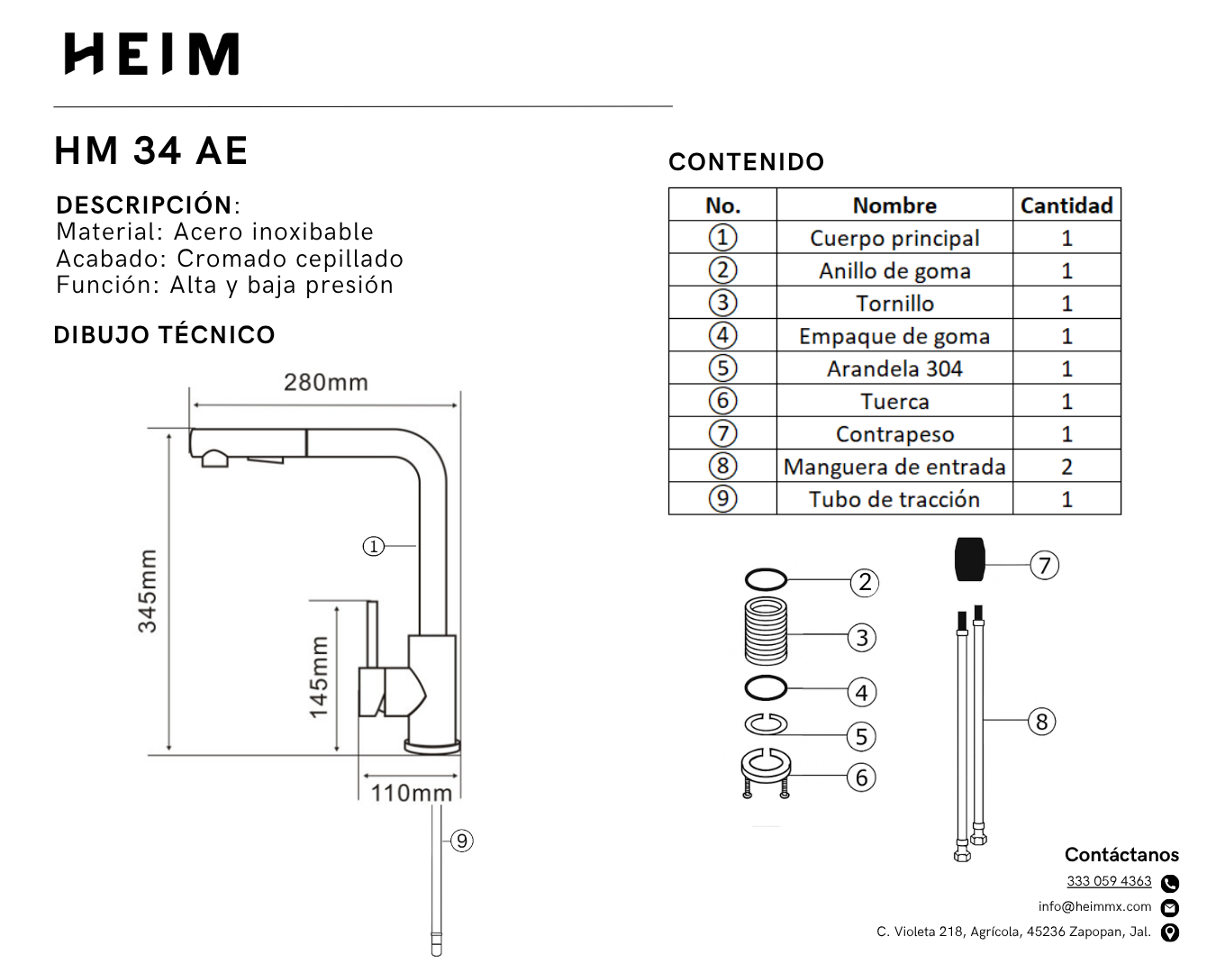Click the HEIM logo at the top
tap(151, 54)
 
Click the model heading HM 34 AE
tap(151, 150)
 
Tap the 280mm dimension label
tap(326, 382)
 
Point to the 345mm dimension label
tap(147, 591)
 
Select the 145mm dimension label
tap(319, 677)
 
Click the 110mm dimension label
tap(412, 793)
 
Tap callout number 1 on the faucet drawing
tap(373, 546)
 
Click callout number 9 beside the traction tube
tap(462, 841)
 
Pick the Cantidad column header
tap(1066, 205)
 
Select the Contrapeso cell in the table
tap(894, 434)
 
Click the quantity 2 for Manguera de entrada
tap(1066, 467)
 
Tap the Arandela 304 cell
tap(894, 368)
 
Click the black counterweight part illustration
tap(970, 559)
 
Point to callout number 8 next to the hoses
tap(1042, 722)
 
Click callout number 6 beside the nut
tap(862, 777)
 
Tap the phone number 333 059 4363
tap(1109, 881)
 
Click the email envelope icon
tap(1170, 907)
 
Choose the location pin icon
tap(1170, 932)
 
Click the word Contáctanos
tap(1121, 854)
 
